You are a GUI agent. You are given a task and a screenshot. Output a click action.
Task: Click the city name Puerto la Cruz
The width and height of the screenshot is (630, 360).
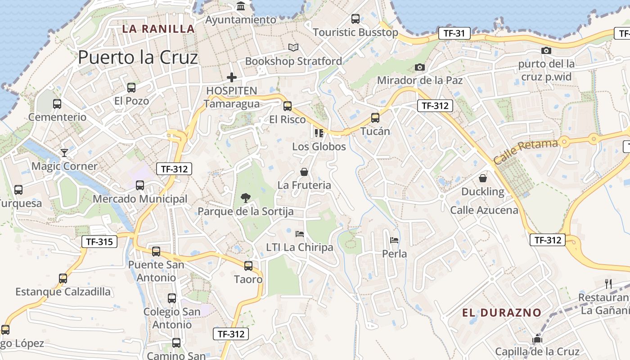coord(138,58)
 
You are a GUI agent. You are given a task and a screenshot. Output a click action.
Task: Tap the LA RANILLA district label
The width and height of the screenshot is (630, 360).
coord(158,29)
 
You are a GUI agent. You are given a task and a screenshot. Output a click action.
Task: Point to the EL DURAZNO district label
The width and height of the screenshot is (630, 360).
coord(502,313)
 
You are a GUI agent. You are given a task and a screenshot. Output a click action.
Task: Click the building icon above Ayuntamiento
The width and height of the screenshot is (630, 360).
coord(241,6)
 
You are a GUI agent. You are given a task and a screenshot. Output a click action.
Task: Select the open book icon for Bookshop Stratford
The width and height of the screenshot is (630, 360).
coord(293,47)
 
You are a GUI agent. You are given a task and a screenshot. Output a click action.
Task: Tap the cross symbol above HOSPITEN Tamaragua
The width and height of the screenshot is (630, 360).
coord(232,77)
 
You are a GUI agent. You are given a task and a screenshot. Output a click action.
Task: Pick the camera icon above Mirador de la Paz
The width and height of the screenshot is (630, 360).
coord(419,67)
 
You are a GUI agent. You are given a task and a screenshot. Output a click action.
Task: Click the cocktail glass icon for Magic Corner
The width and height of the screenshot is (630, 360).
coord(64,153)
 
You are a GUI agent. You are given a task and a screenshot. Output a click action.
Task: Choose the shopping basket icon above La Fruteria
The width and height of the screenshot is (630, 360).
coord(304,172)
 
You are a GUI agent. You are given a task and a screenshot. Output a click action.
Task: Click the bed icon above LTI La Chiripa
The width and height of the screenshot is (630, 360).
coord(299,234)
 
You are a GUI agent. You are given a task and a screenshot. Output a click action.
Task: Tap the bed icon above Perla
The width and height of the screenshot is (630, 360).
coord(394,240)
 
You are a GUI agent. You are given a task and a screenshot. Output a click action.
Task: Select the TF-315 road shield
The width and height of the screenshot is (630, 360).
coord(99,242)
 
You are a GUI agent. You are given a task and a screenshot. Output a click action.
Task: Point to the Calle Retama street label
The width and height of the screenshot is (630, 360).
coord(525,152)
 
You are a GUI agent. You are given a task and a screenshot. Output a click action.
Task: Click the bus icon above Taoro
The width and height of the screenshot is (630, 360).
coord(248,266)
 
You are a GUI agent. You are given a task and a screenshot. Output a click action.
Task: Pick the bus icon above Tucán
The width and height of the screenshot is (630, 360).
coord(375,118)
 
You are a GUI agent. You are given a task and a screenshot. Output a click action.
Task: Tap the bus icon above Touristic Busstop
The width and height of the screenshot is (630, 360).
coord(355,19)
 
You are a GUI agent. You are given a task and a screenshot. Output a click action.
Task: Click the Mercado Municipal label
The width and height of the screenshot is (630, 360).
coord(140,199)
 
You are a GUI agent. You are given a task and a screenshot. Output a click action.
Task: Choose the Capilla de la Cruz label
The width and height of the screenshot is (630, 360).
coord(537,351)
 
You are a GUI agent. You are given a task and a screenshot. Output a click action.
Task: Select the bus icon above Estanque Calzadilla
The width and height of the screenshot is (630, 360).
coord(63,279)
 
